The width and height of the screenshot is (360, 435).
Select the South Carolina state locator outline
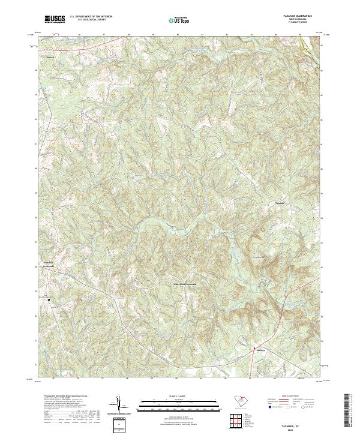[239, 400]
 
